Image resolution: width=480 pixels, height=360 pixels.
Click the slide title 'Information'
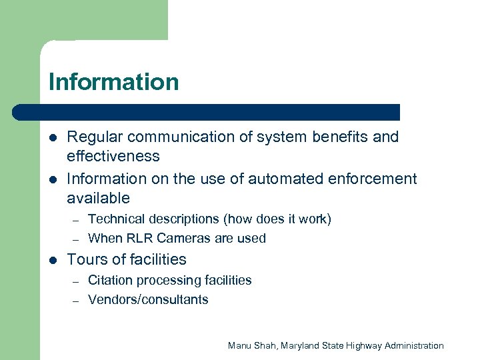coord(114,82)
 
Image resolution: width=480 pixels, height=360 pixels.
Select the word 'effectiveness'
coord(113,156)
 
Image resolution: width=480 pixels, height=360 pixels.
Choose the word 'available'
coord(98,198)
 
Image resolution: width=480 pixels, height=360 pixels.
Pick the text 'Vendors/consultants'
coord(148,299)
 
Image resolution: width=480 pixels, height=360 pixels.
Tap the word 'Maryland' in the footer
coord(303,345)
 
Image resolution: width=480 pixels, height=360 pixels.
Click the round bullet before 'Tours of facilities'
coord(53,259)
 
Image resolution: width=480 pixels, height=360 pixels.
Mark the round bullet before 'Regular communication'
coord(53,137)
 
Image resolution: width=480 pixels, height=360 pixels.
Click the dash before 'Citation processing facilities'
coord(76,281)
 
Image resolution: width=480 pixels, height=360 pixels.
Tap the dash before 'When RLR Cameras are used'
coord(76,239)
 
